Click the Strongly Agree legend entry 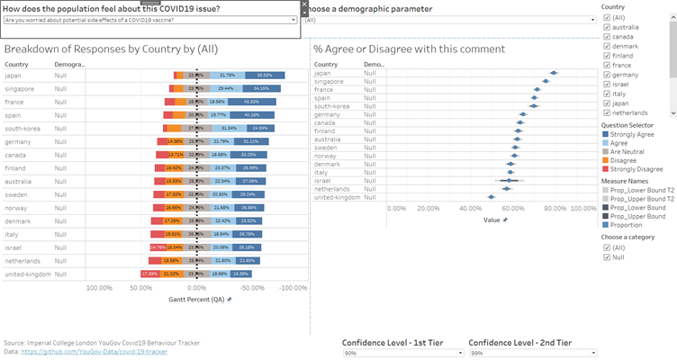(x=605, y=134)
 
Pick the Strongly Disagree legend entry (x=605, y=167)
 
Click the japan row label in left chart (x=14, y=76)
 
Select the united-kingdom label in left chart (x=29, y=274)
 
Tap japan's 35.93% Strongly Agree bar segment (x=264, y=76)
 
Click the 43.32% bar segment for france (x=264, y=102)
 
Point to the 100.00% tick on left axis (x=98, y=289)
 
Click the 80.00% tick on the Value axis (x=555, y=208)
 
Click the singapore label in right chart (x=330, y=82)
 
